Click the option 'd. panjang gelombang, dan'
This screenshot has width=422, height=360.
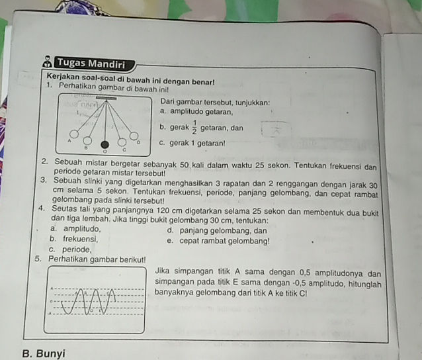218,230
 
